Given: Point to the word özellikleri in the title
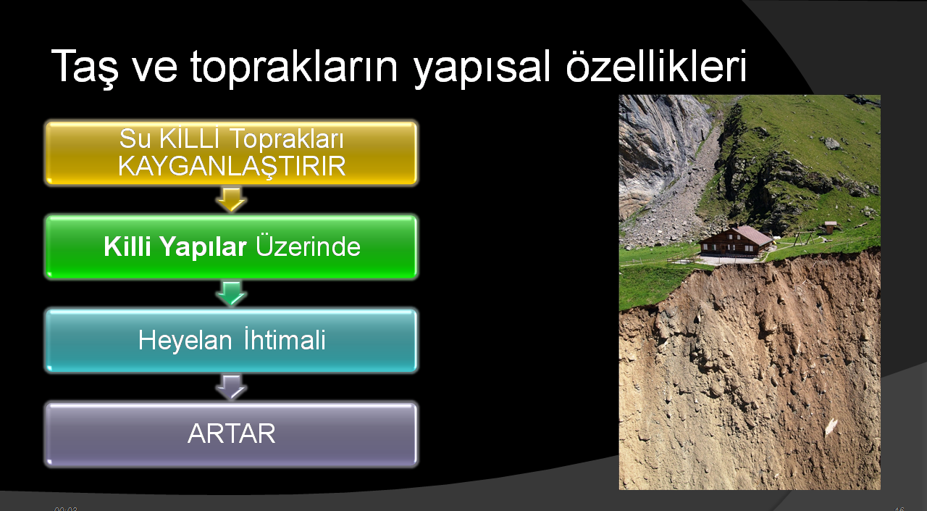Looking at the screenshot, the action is click(656, 66).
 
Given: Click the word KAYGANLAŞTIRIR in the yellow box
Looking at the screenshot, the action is click(232, 167).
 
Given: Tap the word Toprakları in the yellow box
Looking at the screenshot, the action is click(286, 138).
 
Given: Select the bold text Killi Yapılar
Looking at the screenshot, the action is click(175, 247).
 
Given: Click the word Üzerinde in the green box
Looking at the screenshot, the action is click(309, 246).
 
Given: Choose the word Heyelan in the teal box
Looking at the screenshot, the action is click(185, 341).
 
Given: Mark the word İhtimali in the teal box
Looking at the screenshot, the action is click(285, 339).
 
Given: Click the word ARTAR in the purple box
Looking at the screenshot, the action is click(231, 433).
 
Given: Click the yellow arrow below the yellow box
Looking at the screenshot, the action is click(231, 199).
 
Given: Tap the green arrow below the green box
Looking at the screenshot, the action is click(231, 294).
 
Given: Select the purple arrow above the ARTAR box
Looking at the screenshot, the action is click(231, 388).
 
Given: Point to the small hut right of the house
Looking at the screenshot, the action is click(830, 228).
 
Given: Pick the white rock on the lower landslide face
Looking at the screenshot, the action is click(831, 426).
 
